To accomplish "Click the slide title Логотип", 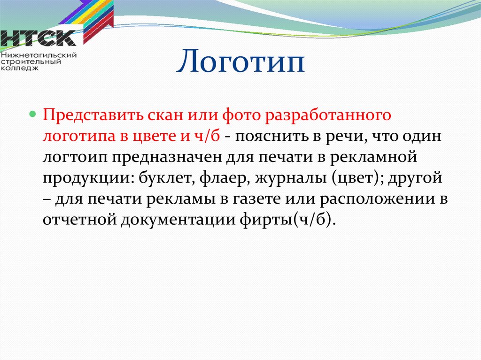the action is point(240,61).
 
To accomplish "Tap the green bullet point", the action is point(32,115).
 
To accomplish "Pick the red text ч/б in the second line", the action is point(207,135).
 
